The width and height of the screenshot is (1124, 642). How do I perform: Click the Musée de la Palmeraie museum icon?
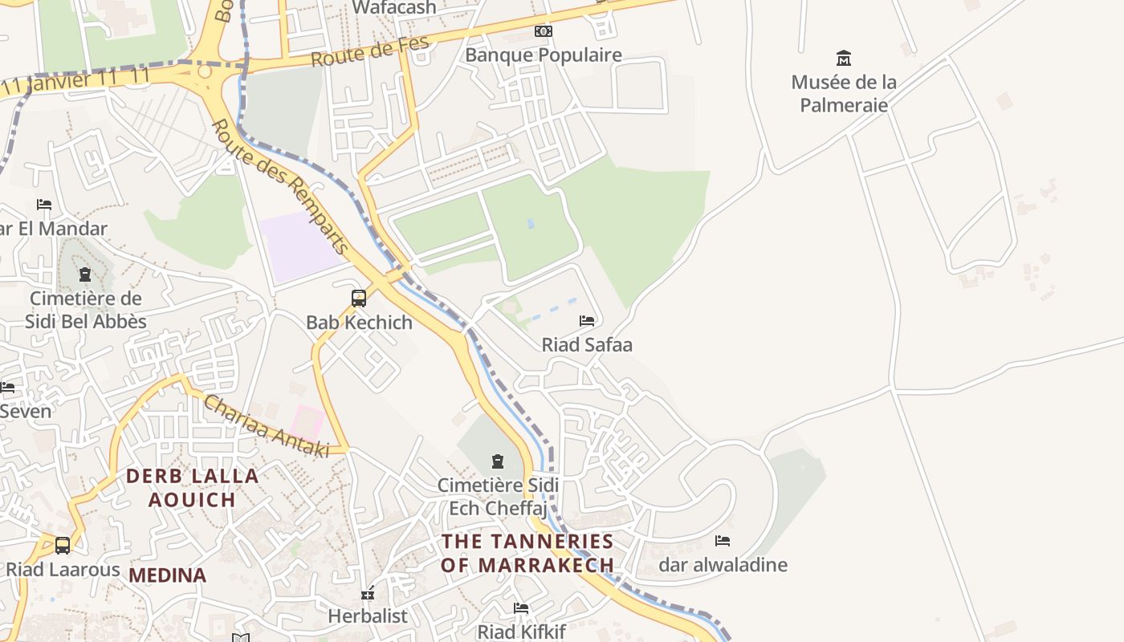[x=843, y=58]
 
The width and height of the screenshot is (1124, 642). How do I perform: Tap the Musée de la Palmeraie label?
[x=843, y=93]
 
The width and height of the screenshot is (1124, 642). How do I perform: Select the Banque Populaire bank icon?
[x=544, y=31]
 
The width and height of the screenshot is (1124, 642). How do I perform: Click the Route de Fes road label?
[x=370, y=52]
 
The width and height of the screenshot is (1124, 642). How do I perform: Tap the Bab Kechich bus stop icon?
[x=359, y=299]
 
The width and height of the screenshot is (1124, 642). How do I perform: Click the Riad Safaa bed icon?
[x=587, y=321]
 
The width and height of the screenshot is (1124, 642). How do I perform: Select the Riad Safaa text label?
[x=587, y=345]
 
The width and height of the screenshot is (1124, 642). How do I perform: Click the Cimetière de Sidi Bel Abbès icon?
[x=85, y=275]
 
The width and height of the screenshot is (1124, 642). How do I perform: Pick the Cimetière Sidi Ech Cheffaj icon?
[x=498, y=461]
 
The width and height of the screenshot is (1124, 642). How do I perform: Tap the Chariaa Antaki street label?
[x=266, y=426]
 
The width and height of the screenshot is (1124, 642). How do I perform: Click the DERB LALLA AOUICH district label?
[x=193, y=487]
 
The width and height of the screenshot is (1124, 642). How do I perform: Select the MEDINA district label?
[x=167, y=575]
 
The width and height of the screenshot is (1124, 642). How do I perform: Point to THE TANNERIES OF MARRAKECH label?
[x=527, y=553]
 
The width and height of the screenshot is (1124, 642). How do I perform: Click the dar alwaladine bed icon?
[x=723, y=541]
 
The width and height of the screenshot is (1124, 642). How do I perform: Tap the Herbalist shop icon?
[x=368, y=594]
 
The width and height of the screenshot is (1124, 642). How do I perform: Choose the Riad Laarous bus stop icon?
[x=63, y=546]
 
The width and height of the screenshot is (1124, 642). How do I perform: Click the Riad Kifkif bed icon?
[x=521, y=608]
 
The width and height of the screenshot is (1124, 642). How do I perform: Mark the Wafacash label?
[x=394, y=8]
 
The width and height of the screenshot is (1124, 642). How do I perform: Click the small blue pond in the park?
[x=530, y=223]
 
